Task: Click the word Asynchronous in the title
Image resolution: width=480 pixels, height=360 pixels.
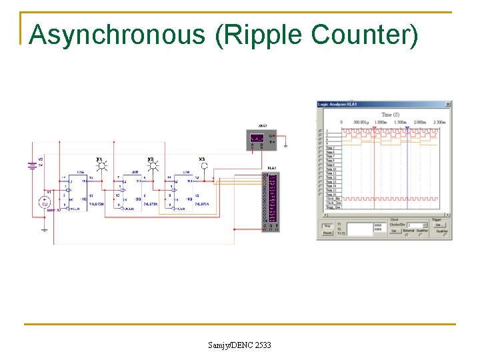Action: (117, 35)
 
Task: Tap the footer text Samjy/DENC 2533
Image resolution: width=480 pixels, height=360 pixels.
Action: (240, 345)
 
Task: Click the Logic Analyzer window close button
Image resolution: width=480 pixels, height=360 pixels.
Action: (448, 104)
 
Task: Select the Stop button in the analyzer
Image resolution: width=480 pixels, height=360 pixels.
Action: (327, 225)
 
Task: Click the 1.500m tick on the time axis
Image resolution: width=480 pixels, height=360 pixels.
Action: (400, 123)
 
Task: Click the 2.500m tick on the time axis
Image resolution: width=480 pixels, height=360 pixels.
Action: (439, 123)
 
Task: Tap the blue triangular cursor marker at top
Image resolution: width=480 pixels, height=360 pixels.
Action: (407, 127)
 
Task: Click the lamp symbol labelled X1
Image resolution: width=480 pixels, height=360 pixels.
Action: (101, 167)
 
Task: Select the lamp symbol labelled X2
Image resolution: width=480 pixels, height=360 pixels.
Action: (152, 167)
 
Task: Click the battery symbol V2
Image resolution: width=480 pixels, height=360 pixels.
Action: (32, 165)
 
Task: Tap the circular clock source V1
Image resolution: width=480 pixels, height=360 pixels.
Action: (46, 203)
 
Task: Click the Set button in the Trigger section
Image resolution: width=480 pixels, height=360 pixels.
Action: (439, 225)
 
